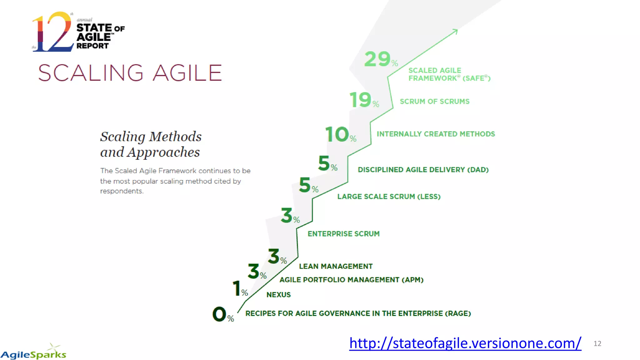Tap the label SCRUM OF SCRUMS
click(x=434, y=102)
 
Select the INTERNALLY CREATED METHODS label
click(x=436, y=134)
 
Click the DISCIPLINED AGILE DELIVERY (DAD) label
click(x=423, y=170)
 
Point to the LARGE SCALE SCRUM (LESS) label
click(x=389, y=197)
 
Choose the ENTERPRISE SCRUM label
click(x=343, y=234)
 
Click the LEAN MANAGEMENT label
click(x=336, y=266)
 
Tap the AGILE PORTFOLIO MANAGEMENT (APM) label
click(x=351, y=280)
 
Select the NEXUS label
click(x=278, y=295)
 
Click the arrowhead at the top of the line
click(x=455, y=31)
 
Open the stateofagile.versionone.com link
click(x=465, y=343)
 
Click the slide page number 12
click(x=597, y=344)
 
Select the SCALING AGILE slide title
click(x=130, y=73)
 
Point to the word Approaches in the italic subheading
click(x=163, y=152)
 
